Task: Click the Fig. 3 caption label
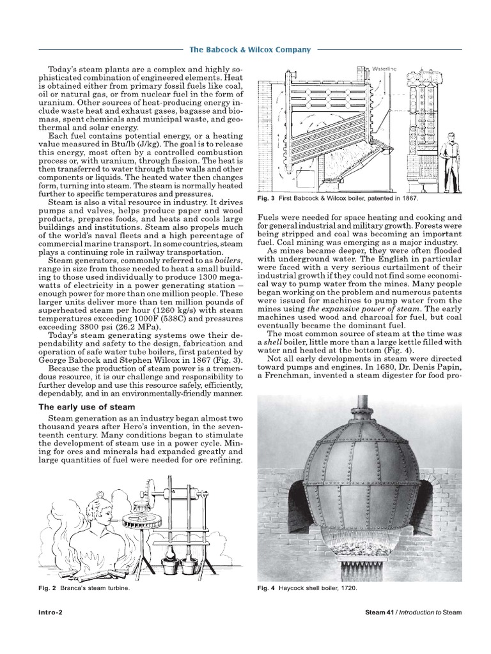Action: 264,199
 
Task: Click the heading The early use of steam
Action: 87,407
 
